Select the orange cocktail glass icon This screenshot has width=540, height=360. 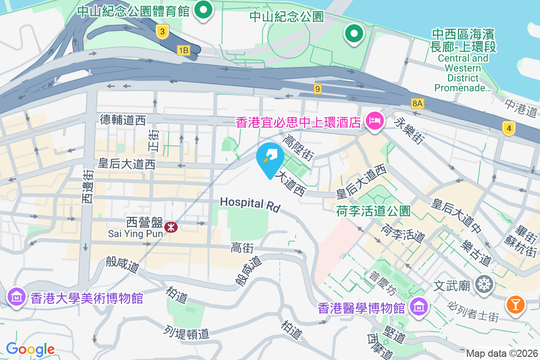(516, 305)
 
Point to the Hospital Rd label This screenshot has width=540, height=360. (250, 204)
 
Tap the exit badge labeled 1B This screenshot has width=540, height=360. (183, 50)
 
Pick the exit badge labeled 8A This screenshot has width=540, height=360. (418, 104)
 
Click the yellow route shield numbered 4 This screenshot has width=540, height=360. (509, 128)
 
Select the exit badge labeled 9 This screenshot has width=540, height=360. (318, 89)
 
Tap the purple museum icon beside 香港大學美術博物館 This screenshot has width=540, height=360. (17, 297)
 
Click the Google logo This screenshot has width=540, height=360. (30, 349)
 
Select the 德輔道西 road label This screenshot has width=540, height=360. (123, 120)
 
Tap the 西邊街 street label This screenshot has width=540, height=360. (88, 186)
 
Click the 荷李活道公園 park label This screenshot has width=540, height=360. (373, 211)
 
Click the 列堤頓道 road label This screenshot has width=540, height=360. (187, 333)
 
